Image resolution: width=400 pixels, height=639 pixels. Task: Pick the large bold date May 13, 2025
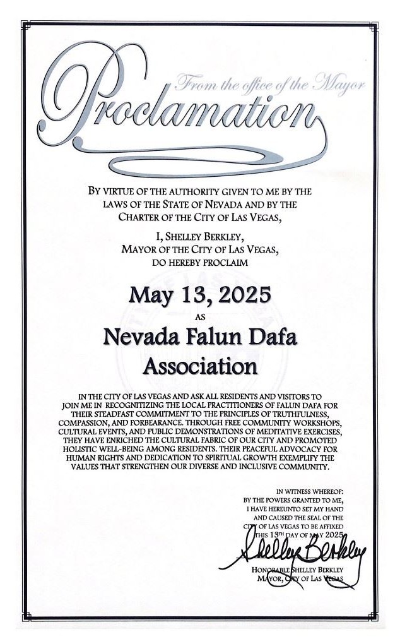pyautogui.click(x=200, y=295)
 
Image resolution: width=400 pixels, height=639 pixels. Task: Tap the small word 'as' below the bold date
pyautogui.click(x=201, y=316)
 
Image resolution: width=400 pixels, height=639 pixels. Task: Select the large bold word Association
pyautogui.click(x=200, y=366)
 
